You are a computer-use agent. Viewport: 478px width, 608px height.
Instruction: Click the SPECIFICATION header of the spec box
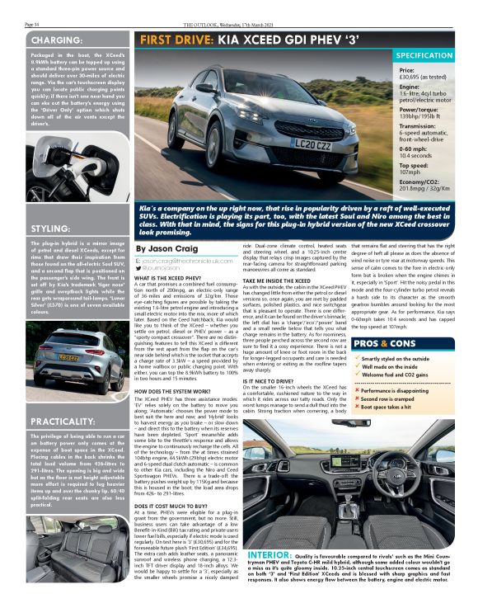tap(424, 55)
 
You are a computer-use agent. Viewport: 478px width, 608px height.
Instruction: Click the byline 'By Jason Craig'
tap(165, 247)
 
